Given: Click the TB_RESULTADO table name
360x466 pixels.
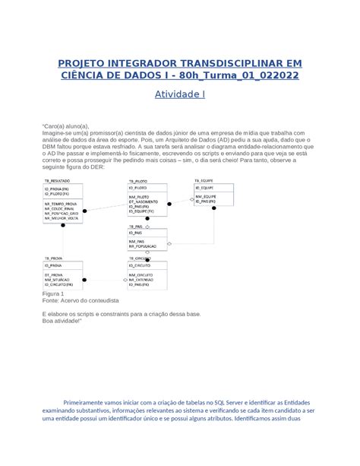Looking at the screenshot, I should tap(56, 181).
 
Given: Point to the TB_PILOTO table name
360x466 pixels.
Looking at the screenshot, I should tap(137, 181).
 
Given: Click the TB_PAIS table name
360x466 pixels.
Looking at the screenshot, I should tap(136, 226).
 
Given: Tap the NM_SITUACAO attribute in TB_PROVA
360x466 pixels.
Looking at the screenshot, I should tap(58, 280).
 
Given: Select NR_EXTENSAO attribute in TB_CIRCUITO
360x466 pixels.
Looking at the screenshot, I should tap(145, 280).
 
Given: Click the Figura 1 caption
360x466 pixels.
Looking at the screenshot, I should tap(53, 293).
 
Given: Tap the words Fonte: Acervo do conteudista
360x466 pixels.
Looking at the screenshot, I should tap(81, 300).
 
